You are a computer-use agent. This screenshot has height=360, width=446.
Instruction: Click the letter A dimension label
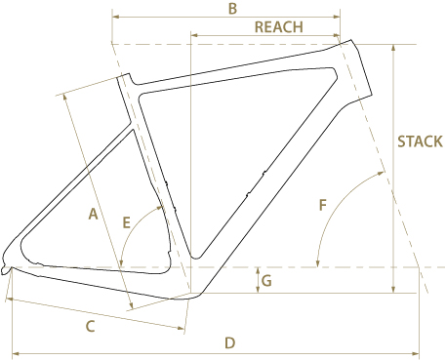click(x=93, y=215)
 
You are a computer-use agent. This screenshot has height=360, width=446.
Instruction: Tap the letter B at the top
click(x=232, y=9)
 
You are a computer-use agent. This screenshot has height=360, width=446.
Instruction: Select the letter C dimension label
click(x=90, y=326)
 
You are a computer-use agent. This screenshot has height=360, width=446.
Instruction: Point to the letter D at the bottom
click(x=230, y=343)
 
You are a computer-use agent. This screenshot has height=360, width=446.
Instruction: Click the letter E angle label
click(x=126, y=223)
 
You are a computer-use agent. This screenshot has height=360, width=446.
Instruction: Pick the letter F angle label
click(x=322, y=206)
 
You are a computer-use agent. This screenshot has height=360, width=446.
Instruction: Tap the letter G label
click(x=266, y=281)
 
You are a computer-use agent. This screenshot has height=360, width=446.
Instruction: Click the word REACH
click(x=279, y=27)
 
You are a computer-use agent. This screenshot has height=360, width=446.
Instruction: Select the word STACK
click(x=420, y=141)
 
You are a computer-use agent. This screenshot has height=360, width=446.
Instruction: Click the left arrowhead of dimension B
click(x=115, y=17)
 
